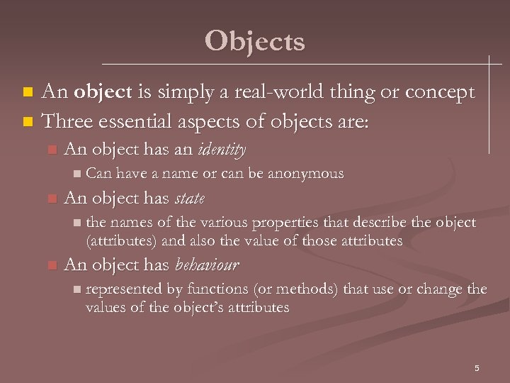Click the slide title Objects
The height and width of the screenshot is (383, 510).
point(254,41)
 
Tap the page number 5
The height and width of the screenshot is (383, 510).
point(477,367)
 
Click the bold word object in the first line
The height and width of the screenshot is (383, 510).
point(103,92)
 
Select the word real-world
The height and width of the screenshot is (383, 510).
point(270,92)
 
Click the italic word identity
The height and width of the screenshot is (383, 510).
point(222,150)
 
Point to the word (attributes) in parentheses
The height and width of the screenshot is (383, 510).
point(121,241)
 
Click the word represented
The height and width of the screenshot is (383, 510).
point(124,289)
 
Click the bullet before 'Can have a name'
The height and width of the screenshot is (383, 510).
point(77,174)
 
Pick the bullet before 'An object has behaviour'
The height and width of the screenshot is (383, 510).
point(50,266)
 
